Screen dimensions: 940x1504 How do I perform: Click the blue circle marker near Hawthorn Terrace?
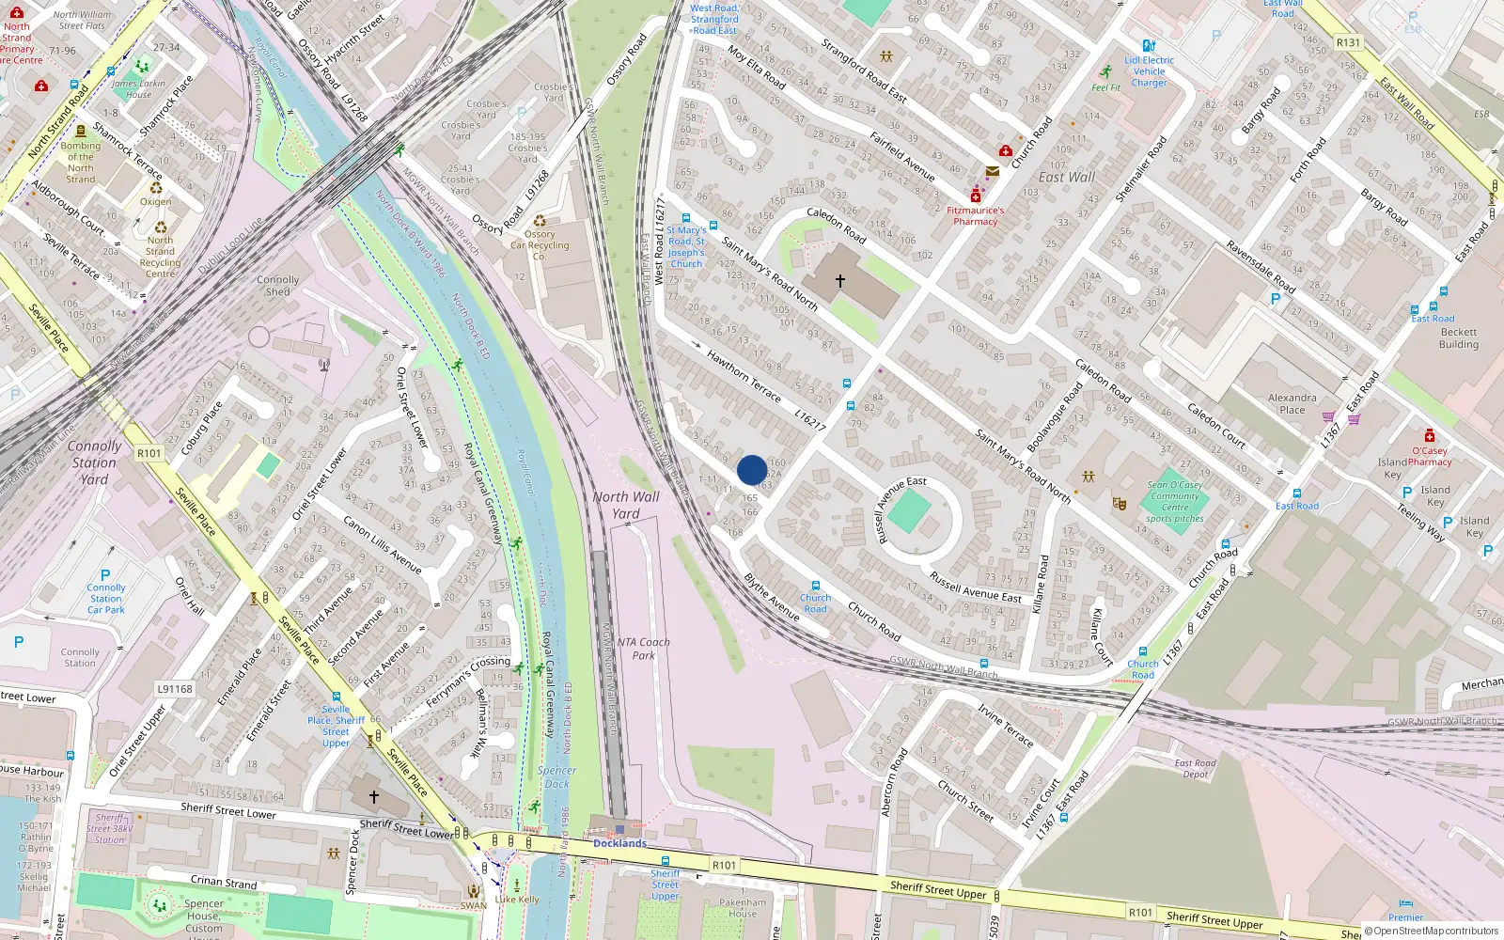(x=752, y=470)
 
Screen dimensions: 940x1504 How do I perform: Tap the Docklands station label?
(x=619, y=843)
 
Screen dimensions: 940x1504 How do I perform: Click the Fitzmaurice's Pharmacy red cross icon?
(x=976, y=196)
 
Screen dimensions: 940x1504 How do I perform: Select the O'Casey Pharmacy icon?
(x=1429, y=436)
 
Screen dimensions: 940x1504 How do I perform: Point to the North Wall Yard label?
(x=625, y=505)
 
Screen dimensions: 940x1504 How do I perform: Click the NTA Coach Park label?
(x=644, y=649)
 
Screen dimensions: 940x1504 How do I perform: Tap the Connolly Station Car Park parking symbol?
(x=105, y=575)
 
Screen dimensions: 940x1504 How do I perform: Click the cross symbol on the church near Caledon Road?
(x=840, y=280)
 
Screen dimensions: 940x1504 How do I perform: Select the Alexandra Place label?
(x=1292, y=403)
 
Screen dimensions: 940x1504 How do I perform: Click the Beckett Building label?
(x=1458, y=338)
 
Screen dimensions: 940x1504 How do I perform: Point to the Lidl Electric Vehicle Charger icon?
(x=1149, y=45)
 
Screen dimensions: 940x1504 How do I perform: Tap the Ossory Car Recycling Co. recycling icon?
(x=540, y=222)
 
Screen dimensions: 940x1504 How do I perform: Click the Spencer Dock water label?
(x=557, y=776)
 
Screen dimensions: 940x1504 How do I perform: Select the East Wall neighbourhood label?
(x=1067, y=177)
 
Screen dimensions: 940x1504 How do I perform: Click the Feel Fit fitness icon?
(x=1106, y=72)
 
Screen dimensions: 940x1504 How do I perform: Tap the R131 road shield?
(x=1348, y=42)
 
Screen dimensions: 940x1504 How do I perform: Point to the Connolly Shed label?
(x=277, y=286)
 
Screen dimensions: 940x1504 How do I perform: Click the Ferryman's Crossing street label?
(x=467, y=682)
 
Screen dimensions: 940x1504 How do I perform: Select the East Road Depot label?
(x=1195, y=769)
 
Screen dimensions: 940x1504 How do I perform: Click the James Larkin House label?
(x=138, y=88)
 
